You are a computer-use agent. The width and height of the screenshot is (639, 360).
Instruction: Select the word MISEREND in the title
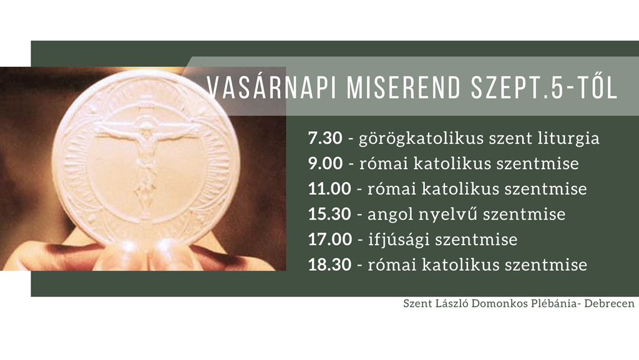point(404,87)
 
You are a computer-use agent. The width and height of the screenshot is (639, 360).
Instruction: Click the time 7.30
point(324,138)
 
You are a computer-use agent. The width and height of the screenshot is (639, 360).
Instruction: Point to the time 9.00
point(325,163)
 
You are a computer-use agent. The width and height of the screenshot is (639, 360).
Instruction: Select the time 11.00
point(329,188)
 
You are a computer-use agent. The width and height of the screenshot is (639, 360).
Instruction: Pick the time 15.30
point(329,214)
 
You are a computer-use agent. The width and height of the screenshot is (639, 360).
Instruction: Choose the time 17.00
point(329,239)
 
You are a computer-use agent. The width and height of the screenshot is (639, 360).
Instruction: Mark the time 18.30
point(329,265)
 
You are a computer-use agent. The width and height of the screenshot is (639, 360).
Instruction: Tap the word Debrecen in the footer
point(609,304)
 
